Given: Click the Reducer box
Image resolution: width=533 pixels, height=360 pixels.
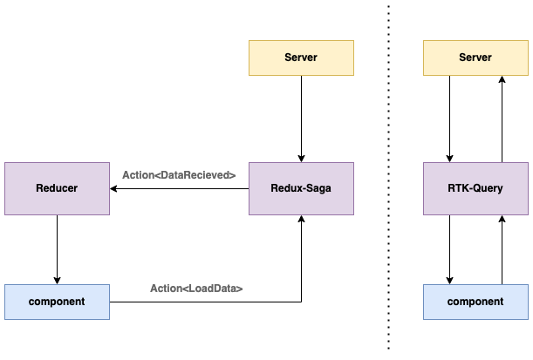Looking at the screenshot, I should pyautogui.click(x=57, y=188).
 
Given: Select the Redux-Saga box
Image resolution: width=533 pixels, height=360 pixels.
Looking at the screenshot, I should pyautogui.click(x=301, y=188).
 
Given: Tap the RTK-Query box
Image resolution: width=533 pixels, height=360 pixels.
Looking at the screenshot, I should pyautogui.click(x=475, y=188).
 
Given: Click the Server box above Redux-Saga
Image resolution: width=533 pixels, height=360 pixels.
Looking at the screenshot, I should pyautogui.click(x=301, y=58).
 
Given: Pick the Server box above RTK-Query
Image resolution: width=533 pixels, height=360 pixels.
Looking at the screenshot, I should pyautogui.click(x=475, y=58).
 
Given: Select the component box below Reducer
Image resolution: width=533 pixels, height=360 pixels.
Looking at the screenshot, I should pyautogui.click(x=57, y=302).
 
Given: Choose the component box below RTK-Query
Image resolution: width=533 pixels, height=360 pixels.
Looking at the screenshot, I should pyautogui.click(x=475, y=302).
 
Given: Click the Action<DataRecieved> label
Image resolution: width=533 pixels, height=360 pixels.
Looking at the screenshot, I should pyautogui.click(x=179, y=175).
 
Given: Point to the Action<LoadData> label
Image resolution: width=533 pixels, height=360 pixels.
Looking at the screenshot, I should pyautogui.click(x=196, y=288).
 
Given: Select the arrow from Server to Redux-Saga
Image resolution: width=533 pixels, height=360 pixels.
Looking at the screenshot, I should pyautogui.click(x=301, y=118).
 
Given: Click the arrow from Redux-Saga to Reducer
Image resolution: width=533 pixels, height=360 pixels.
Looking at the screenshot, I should pyautogui.click(x=179, y=188).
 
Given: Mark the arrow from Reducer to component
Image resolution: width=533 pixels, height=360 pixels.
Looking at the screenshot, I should pyautogui.click(x=57, y=248).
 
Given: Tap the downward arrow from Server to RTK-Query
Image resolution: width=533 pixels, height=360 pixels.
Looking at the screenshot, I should pyautogui.click(x=449, y=118).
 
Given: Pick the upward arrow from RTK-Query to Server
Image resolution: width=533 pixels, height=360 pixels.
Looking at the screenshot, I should pyautogui.click(x=502, y=118).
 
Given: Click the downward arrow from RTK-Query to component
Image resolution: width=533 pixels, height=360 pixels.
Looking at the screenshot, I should pyautogui.click(x=449, y=248).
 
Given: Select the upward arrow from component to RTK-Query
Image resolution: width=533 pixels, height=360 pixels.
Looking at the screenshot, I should pyautogui.click(x=502, y=248).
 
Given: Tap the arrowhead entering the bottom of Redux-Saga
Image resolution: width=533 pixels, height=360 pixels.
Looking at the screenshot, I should pyautogui.click(x=301, y=220).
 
